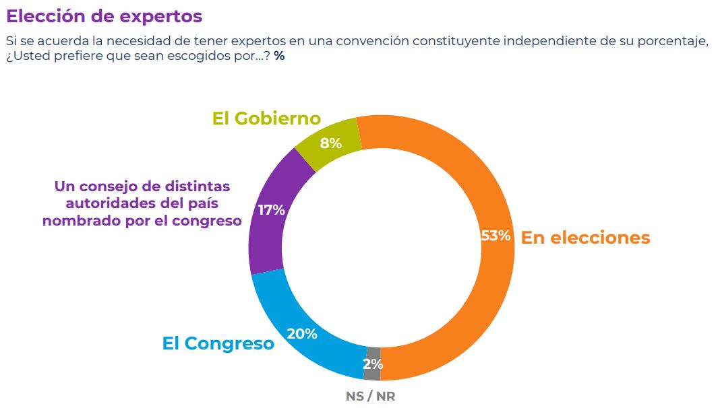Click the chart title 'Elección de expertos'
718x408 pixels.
click(x=104, y=15)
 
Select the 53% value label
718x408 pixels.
click(x=496, y=236)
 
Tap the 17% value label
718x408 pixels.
click(x=271, y=209)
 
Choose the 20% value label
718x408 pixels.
click(x=302, y=334)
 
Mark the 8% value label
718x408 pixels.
click(x=331, y=143)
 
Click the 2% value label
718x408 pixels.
click(x=373, y=365)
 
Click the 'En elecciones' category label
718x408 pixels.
click(x=585, y=238)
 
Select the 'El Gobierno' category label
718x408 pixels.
click(x=266, y=119)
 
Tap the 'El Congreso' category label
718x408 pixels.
click(x=218, y=343)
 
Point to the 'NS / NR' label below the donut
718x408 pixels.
click(x=370, y=397)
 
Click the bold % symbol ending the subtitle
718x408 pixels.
click(x=279, y=57)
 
